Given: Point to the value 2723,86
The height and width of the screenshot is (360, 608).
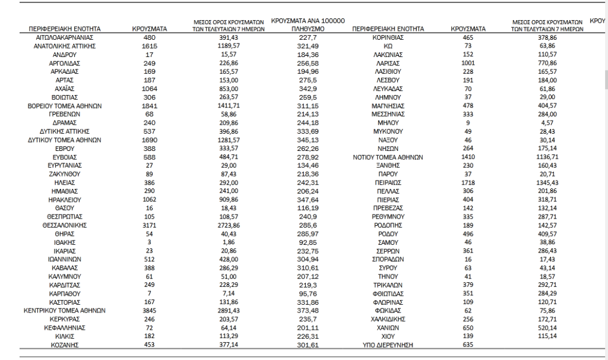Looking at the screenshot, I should tap(224, 226).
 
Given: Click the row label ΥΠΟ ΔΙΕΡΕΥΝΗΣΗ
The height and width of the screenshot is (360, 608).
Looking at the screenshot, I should tap(388, 345).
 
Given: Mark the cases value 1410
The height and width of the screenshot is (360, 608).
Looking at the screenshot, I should tap(468, 158).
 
